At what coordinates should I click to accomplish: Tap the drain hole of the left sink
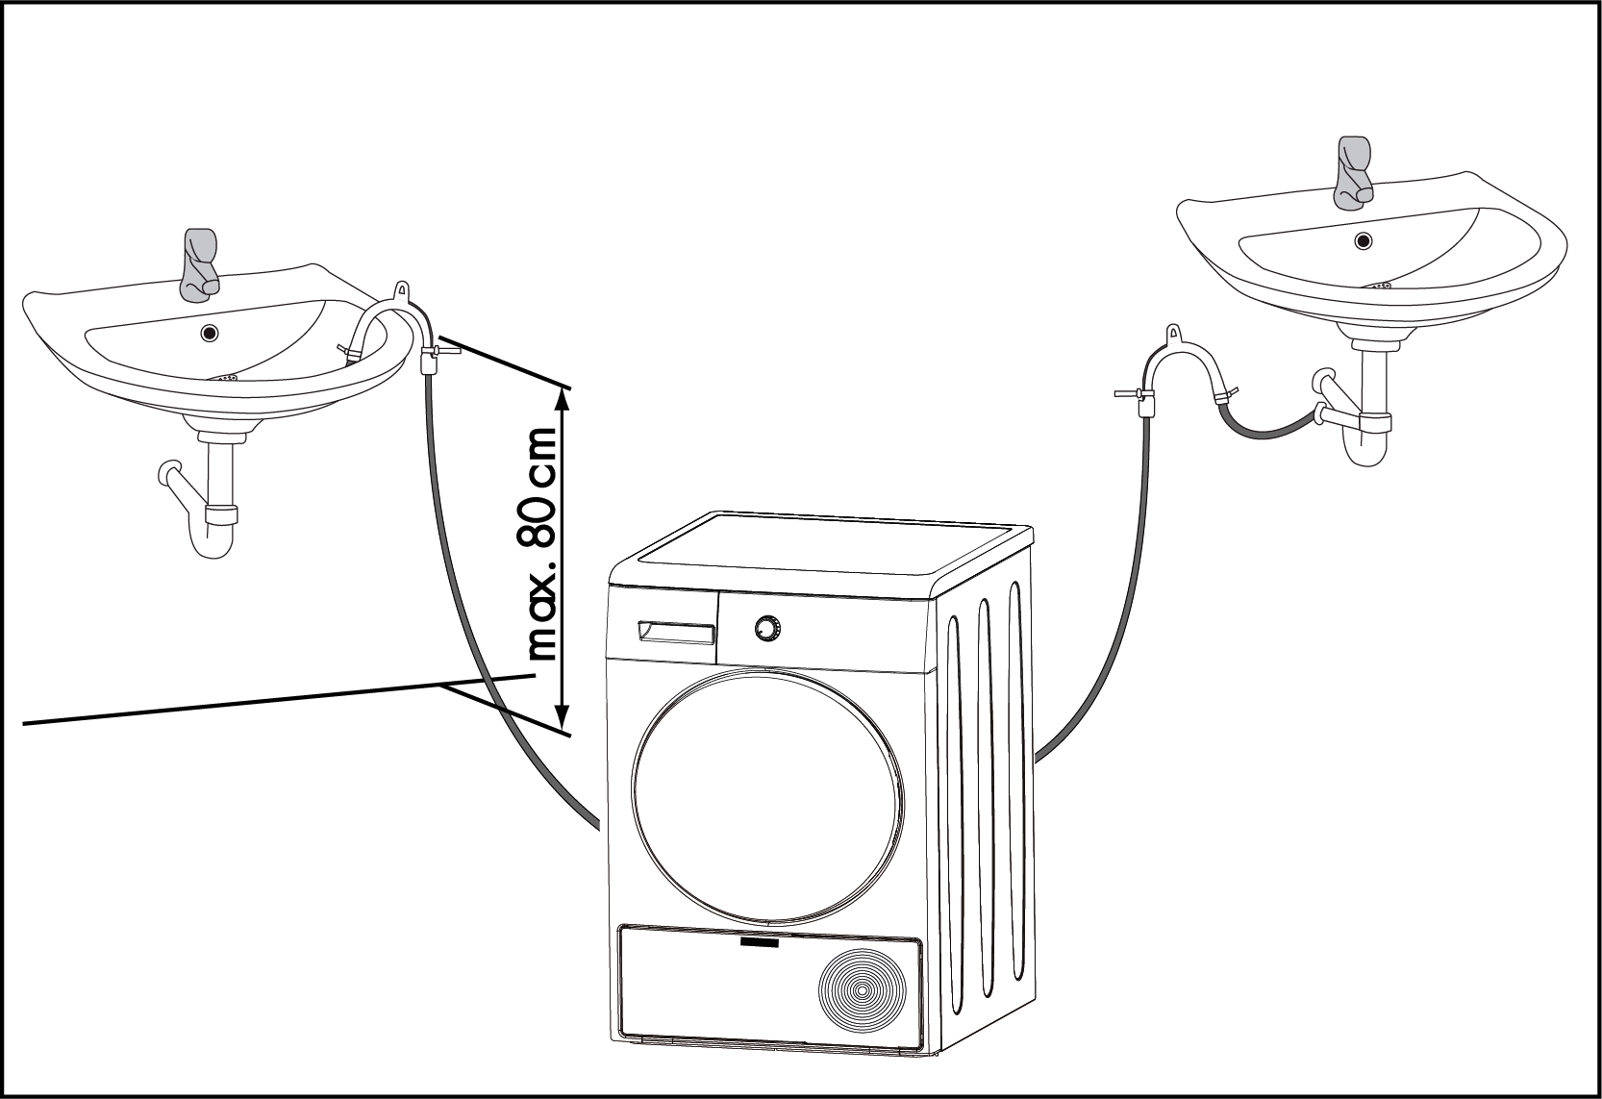tap(209, 334)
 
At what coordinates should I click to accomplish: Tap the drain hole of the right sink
tap(1364, 240)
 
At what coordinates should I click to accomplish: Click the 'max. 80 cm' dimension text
tap(543, 543)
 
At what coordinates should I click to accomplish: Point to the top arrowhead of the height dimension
tap(563, 397)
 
